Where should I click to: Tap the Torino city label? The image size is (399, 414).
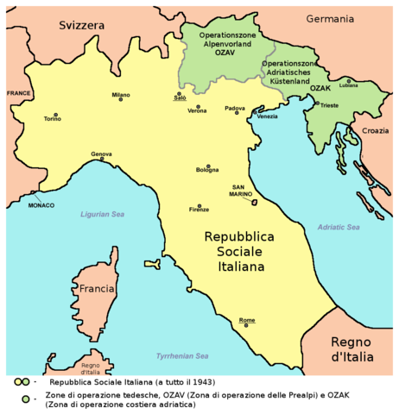tap(53, 120)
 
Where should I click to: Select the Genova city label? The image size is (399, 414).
tap(101, 154)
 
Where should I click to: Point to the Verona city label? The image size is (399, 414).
tap(197, 111)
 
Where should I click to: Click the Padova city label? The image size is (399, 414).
tap(235, 108)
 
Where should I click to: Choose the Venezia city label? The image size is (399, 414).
tap(266, 116)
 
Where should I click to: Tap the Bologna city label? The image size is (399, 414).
tap(207, 171)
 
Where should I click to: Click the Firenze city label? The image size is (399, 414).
tap(199, 210)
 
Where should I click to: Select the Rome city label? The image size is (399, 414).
tap(247, 320)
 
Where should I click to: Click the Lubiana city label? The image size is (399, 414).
tap(347, 85)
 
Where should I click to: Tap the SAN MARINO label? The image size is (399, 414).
tap(242, 191)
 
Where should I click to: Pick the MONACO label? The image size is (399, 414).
tap(41, 205)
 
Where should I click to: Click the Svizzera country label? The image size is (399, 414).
tap(81, 26)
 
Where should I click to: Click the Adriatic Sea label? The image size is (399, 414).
tap(339, 228)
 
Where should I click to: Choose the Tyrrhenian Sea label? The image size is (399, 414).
tap(182, 356)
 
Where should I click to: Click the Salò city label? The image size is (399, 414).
tap(180, 99)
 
